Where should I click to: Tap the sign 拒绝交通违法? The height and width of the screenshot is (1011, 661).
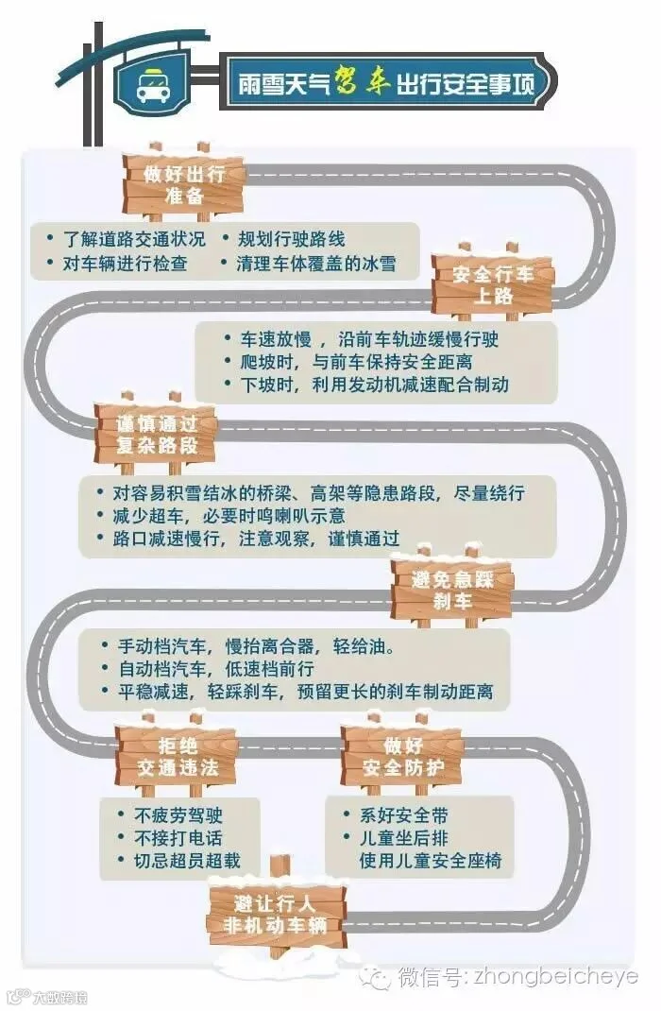[x=177, y=756]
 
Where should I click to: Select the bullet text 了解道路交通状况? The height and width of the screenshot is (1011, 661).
[x=133, y=239]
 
